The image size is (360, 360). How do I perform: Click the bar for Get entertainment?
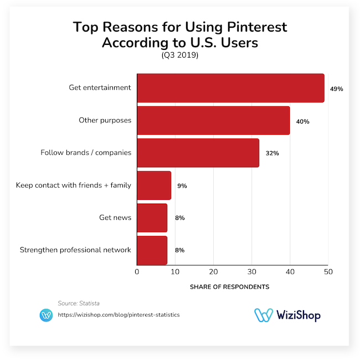230,88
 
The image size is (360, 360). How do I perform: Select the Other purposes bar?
213,120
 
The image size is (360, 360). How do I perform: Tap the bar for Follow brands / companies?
198,153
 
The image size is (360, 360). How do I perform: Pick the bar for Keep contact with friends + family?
154,186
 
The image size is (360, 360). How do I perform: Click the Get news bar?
152,218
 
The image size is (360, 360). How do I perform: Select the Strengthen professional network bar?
152,250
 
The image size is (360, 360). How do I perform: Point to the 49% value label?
336,89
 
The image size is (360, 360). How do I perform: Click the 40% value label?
302,121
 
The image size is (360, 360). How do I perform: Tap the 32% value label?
272,153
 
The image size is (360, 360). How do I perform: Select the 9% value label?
182,186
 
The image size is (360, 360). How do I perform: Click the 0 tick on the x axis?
137,272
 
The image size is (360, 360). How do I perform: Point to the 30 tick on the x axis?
251,272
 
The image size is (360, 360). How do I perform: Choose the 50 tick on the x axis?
328,272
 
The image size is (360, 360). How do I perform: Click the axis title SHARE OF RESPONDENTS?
229,287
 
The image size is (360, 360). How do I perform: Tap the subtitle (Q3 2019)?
180,56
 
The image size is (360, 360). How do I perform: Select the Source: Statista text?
79,303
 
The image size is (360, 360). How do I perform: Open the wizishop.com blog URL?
119,315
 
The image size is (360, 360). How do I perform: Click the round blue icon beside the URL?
46,315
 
